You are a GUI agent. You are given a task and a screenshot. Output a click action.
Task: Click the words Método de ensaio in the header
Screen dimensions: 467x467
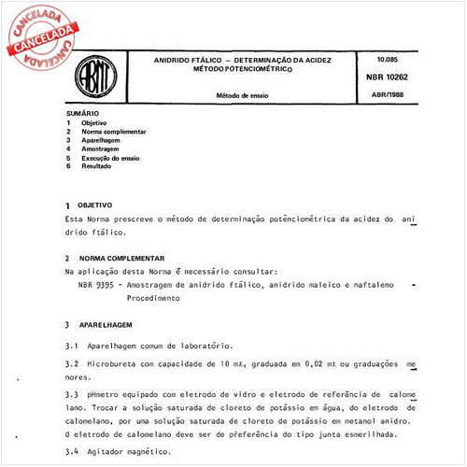242,95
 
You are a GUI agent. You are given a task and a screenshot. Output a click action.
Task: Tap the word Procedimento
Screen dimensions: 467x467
154,298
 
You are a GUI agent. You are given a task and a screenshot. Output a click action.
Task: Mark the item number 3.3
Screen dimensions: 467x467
71,395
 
